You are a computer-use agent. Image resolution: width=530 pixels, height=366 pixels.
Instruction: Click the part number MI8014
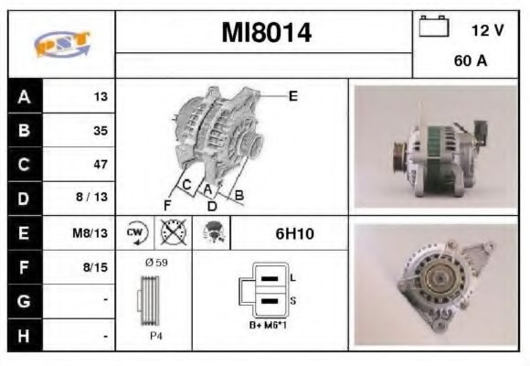[266, 34]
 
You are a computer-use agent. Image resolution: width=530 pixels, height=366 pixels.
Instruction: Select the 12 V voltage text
[487, 30]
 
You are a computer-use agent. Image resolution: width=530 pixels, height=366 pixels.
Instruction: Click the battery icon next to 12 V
[432, 27]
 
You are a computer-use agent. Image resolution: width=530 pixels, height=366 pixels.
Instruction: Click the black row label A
[24, 96]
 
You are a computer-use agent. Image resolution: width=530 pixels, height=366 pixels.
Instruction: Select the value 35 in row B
[101, 130]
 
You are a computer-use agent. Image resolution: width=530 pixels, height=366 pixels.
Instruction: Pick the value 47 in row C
[101, 165]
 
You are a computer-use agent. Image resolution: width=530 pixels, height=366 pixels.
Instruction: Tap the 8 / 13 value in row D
[95, 199]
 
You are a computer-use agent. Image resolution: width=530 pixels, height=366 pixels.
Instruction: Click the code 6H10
[294, 233]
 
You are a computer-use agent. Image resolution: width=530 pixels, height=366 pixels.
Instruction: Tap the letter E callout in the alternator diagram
[293, 95]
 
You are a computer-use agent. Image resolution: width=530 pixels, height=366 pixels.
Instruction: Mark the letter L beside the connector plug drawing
[291, 277]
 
